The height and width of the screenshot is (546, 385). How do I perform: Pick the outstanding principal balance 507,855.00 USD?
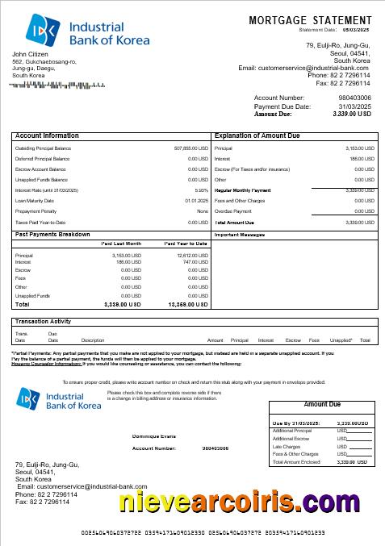point(191,149)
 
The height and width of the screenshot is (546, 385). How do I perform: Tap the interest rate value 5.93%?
point(201,190)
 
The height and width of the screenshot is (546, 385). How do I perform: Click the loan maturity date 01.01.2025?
point(196,201)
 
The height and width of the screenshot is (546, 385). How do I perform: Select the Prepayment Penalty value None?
point(202,211)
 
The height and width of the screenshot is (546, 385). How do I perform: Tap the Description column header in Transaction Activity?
point(93,340)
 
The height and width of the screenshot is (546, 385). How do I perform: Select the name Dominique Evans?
point(153,436)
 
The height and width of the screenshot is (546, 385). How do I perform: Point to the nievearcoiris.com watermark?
point(239,502)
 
